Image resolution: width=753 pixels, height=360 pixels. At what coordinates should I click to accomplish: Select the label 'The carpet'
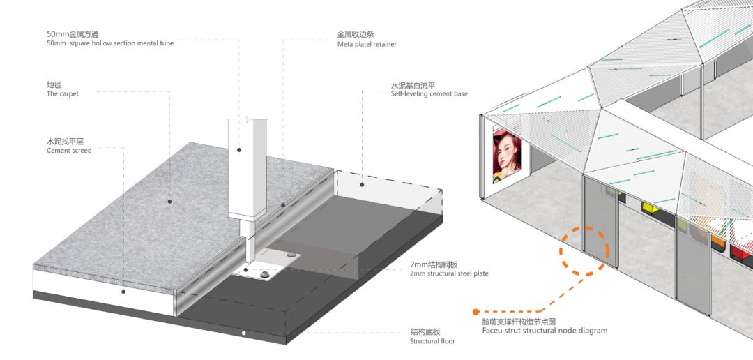tap(63, 93)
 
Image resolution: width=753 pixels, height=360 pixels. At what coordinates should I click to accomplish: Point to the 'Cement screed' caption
tap(69, 151)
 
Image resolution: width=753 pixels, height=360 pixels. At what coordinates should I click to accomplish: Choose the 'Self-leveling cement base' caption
tap(429, 93)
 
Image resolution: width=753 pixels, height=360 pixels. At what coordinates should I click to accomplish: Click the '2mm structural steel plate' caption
tap(449, 273)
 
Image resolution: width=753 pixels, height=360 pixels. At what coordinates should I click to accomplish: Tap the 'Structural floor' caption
tap(432, 341)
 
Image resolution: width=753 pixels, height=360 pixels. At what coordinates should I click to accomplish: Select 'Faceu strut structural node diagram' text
tap(545, 330)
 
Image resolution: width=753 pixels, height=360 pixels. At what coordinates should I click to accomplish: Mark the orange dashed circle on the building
tap(584, 248)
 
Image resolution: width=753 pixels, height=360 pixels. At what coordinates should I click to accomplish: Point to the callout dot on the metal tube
tap(238, 149)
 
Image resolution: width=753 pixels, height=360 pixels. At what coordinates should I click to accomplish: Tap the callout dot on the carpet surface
tap(169, 201)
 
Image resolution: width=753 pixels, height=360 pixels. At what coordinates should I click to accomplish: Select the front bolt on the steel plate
tap(265, 276)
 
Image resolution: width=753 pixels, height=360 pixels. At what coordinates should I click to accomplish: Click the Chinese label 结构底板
tap(425, 331)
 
